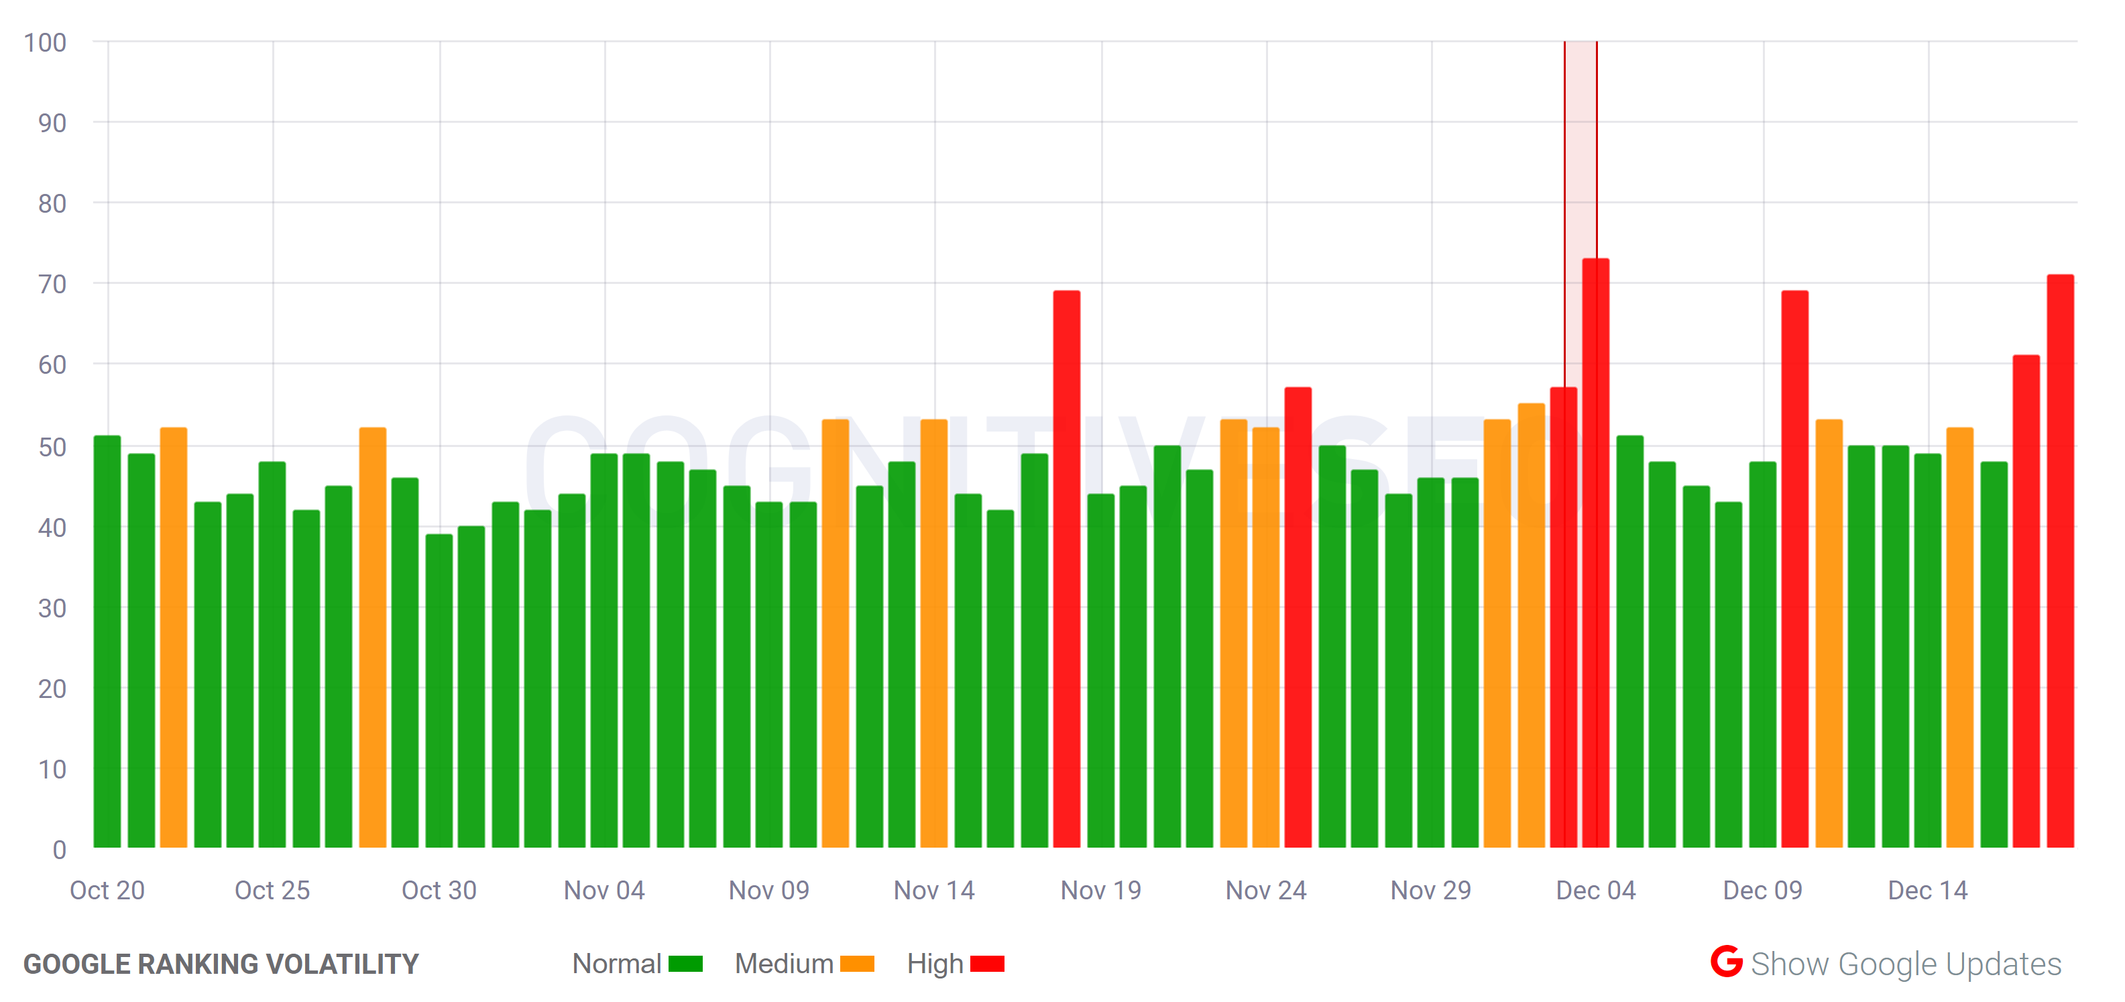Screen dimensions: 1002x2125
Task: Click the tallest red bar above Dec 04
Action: point(1595,553)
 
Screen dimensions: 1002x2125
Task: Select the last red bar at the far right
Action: point(2060,560)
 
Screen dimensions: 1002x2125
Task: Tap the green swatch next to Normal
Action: point(685,964)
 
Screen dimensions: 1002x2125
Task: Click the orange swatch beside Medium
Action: point(857,964)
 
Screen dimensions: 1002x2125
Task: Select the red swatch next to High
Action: point(988,964)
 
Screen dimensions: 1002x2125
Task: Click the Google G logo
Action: point(1727,962)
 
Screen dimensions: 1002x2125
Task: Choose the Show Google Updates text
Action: point(1906,964)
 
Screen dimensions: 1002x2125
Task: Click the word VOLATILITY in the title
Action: point(347,964)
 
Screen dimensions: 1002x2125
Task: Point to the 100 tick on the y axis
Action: point(46,42)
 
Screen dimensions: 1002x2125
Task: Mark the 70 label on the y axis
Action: point(52,284)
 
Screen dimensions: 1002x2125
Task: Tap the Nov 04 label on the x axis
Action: point(604,891)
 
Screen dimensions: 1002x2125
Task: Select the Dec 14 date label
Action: point(1928,891)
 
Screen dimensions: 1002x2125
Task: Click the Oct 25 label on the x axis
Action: point(272,891)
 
